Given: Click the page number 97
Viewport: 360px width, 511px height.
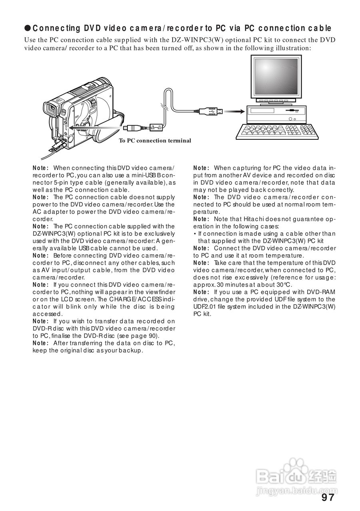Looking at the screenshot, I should point(327,497).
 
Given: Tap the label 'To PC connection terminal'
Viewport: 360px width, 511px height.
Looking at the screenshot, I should point(155,141).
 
